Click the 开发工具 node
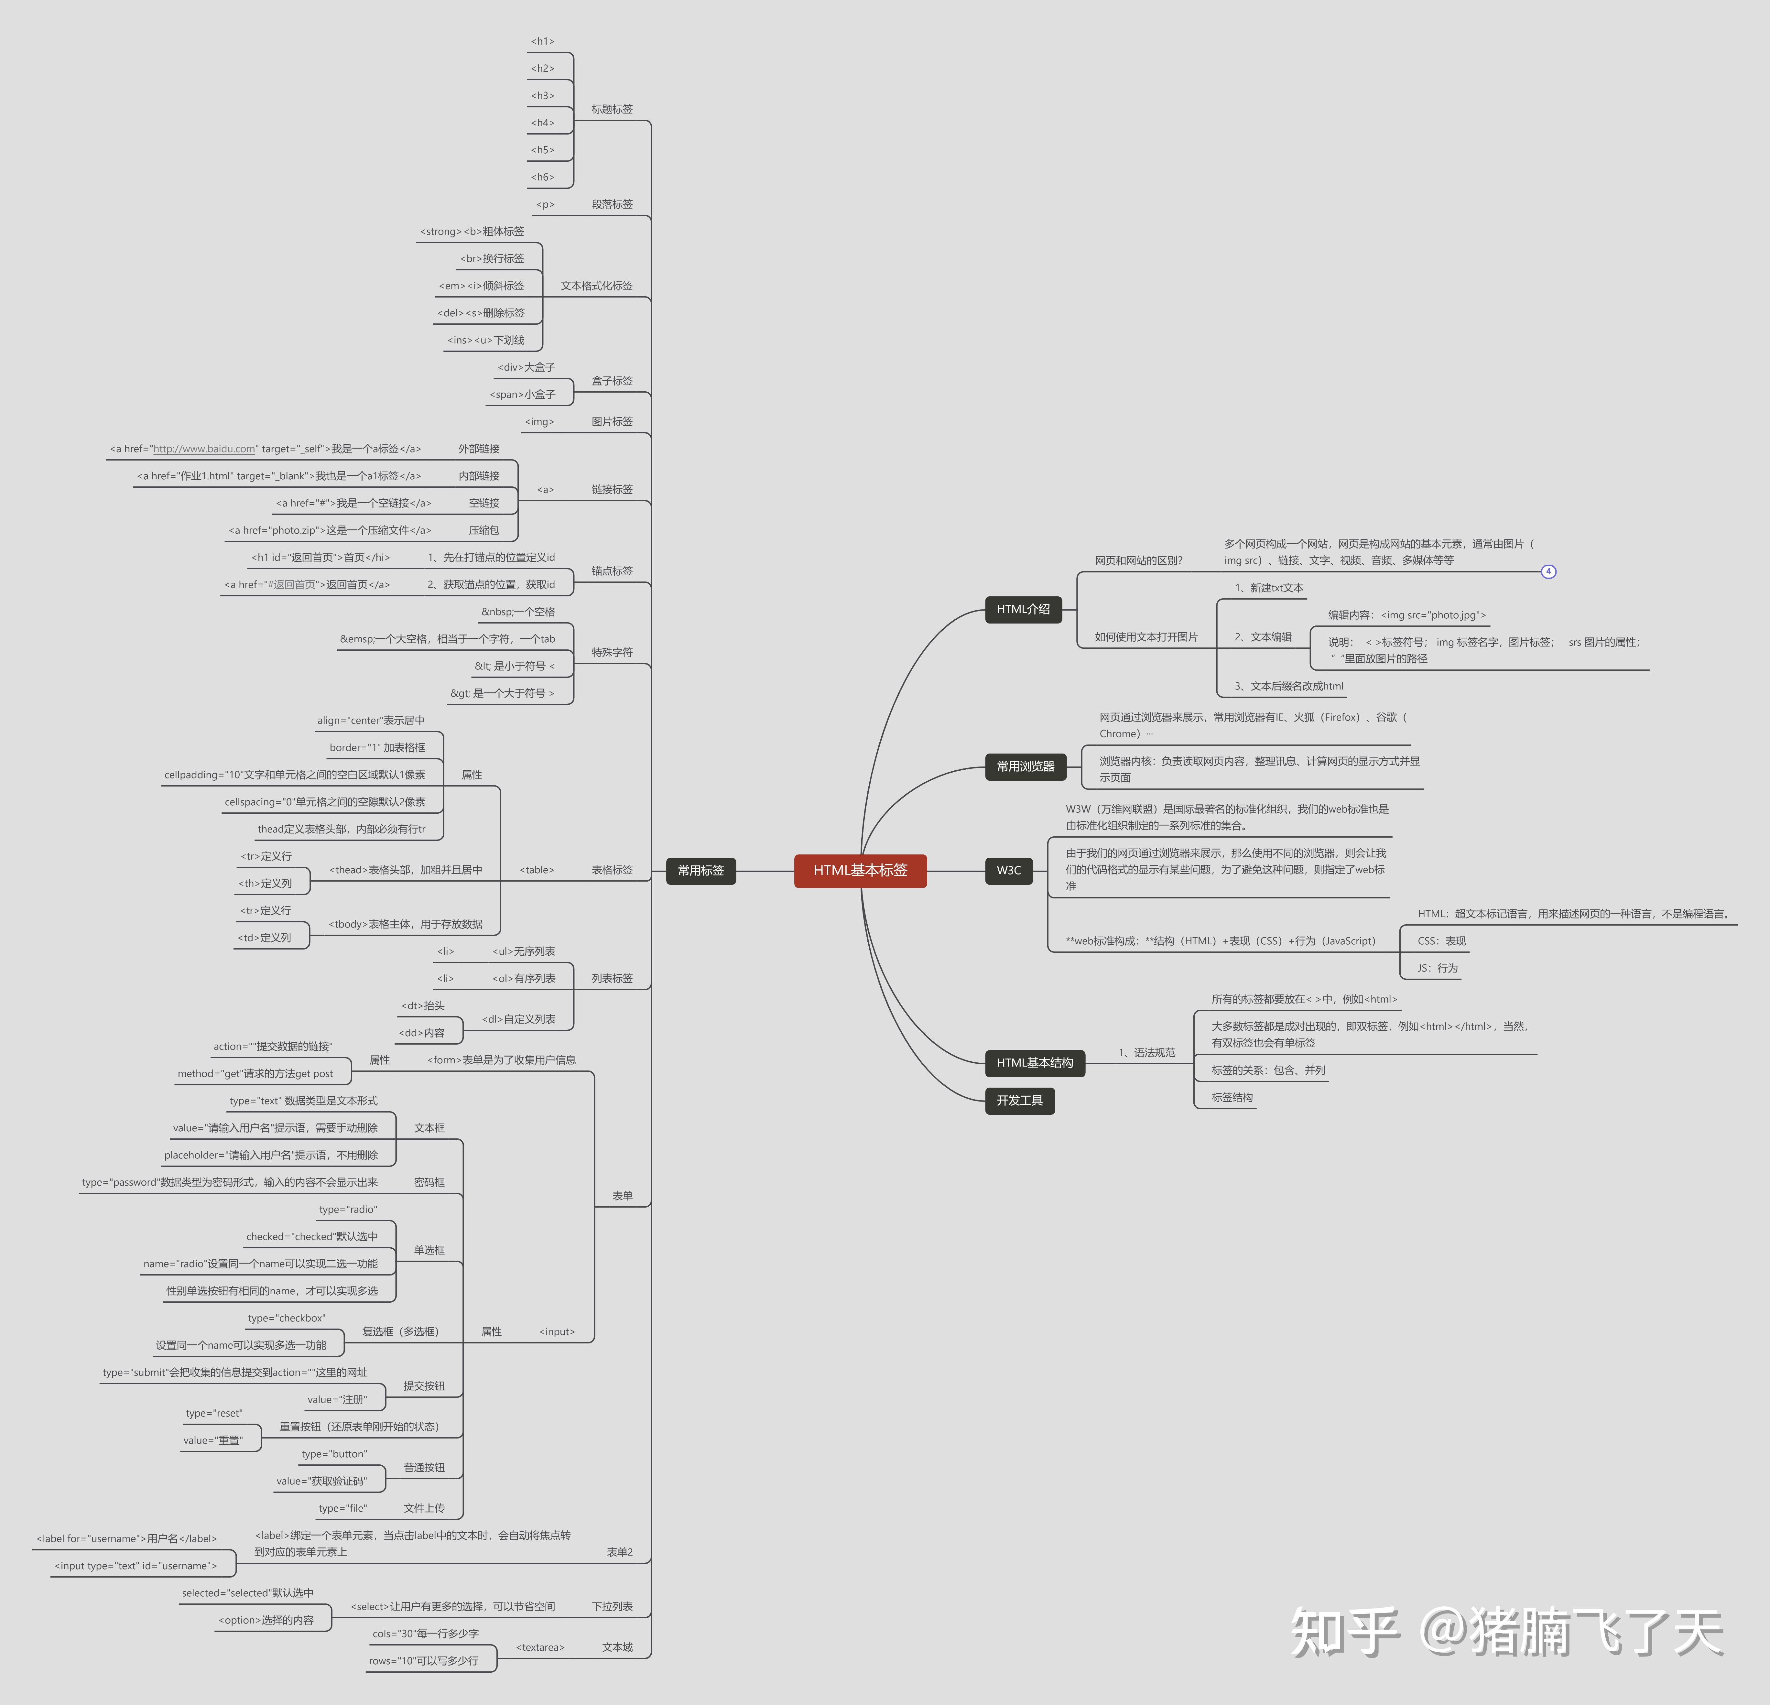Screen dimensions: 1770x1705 pos(1020,1100)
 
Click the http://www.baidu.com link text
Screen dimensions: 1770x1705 pos(204,449)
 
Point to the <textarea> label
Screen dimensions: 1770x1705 pos(540,1647)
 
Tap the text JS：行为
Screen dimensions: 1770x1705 pos(1437,968)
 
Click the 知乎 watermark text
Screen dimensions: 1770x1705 pos(1345,1632)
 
